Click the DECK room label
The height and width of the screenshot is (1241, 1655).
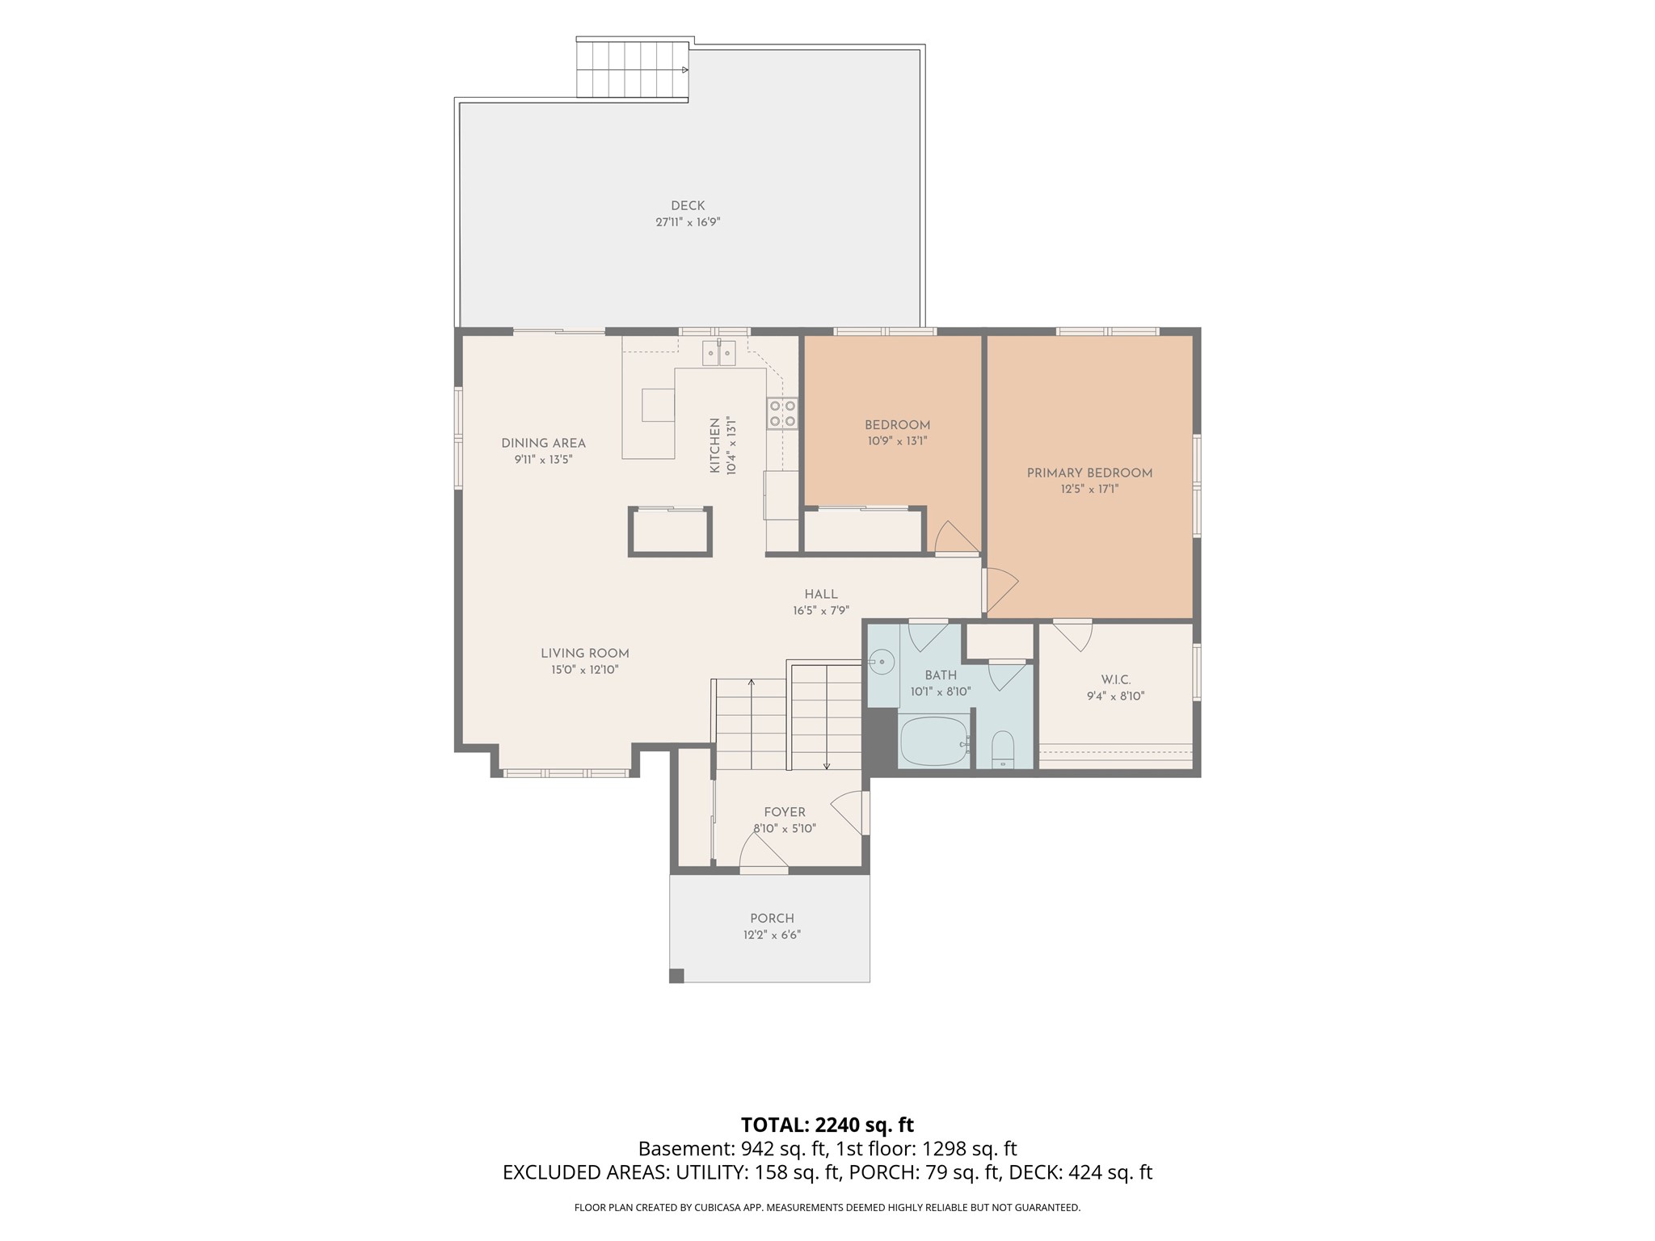tap(688, 206)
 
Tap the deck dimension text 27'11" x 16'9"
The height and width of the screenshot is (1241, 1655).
tap(688, 222)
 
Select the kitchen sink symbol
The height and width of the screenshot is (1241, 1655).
tap(719, 353)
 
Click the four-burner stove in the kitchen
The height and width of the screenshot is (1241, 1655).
tap(782, 413)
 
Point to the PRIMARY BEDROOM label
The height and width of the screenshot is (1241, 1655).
tap(1089, 473)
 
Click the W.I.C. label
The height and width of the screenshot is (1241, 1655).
tap(1116, 680)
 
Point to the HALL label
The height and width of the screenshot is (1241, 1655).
tap(821, 595)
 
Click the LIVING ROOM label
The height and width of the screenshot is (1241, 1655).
tap(585, 654)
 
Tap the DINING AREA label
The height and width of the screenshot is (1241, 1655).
tap(543, 444)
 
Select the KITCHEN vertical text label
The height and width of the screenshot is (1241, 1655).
tap(715, 445)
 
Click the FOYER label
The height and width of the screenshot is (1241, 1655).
tap(785, 813)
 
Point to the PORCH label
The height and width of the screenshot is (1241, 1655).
tap(773, 919)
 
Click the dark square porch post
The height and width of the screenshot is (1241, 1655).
tap(676, 975)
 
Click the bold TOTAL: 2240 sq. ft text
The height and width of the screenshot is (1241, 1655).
tap(827, 1125)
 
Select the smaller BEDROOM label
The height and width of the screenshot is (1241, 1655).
tap(897, 426)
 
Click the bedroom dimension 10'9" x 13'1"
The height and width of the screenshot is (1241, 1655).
tap(897, 442)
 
